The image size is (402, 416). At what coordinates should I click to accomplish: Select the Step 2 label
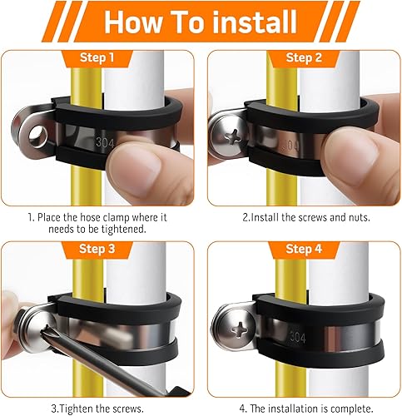(x=304, y=57)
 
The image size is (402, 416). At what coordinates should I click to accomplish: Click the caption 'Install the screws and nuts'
(x=304, y=217)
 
